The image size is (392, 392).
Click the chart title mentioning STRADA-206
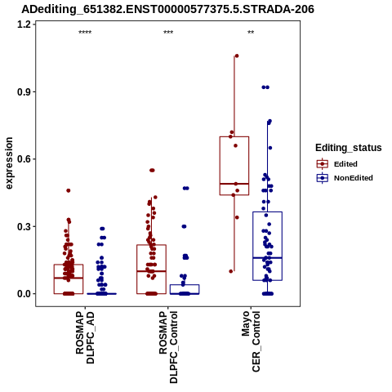pyautogui.click(x=167, y=9)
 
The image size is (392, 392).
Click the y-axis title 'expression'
pyautogui.click(x=9, y=163)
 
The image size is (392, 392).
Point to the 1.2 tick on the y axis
pyautogui.click(x=23, y=24)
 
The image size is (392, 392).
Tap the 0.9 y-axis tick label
pyautogui.click(x=23, y=91)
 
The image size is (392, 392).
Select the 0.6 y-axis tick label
pyautogui.click(x=23, y=159)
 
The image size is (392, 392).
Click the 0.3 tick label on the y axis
pyautogui.click(x=23, y=226)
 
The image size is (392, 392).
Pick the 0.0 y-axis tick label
pyautogui.click(x=23, y=294)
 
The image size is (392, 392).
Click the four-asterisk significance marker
pyautogui.click(x=85, y=33)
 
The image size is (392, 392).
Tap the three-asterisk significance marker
pyautogui.click(x=168, y=33)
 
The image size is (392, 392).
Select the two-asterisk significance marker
pyautogui.click(x=251, y=33)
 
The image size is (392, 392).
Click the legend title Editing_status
pyautogui.click(x=349, y=148)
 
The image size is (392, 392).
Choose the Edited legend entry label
pyautogui.click(x=345, y=164)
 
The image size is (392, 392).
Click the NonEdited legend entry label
pyautogui.click(x=354, y=178)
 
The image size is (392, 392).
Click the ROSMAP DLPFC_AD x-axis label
pyautogui.click(x=85, y=337)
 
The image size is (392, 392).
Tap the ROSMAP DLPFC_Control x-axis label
pyautogui.click(x=168, y=347)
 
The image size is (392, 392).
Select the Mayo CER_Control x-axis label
pyautogui.click(x=251, y=341)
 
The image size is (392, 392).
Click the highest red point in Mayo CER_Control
pyautogui.click(x=237, y=56)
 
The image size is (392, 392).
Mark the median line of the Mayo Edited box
pyautogui.click(x=234, y=184)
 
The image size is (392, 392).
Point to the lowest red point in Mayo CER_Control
pyautogui.click(x=231, y=271)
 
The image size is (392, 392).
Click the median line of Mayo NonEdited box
pyautogui.click(x=267, y=257)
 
